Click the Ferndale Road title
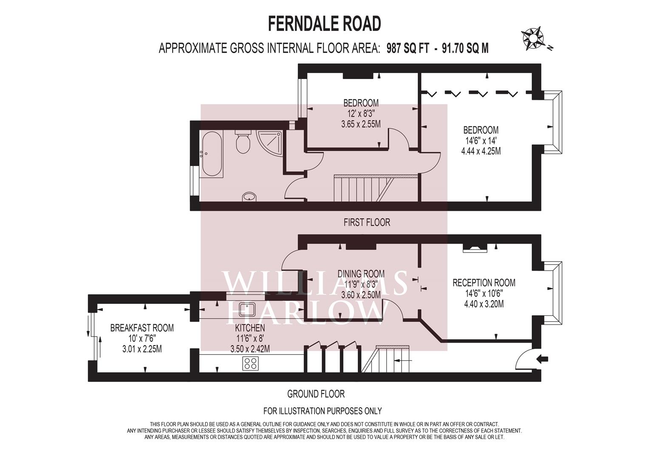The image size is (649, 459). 324,24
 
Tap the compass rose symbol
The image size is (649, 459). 533,39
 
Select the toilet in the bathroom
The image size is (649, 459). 243,142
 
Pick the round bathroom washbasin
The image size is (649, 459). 249,197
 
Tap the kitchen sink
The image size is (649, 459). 247,310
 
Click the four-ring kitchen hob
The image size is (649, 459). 251,363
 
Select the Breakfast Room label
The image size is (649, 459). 142,328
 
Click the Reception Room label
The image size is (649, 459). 484,283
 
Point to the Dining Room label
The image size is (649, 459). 361,274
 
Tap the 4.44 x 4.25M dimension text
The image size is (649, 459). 481,151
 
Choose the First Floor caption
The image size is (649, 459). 367,222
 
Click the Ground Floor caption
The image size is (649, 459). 316,394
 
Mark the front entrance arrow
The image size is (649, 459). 542,359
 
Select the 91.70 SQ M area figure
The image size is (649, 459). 465,48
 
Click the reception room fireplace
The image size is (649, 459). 475,248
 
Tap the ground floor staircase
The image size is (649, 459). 385,359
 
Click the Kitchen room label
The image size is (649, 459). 250,328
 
